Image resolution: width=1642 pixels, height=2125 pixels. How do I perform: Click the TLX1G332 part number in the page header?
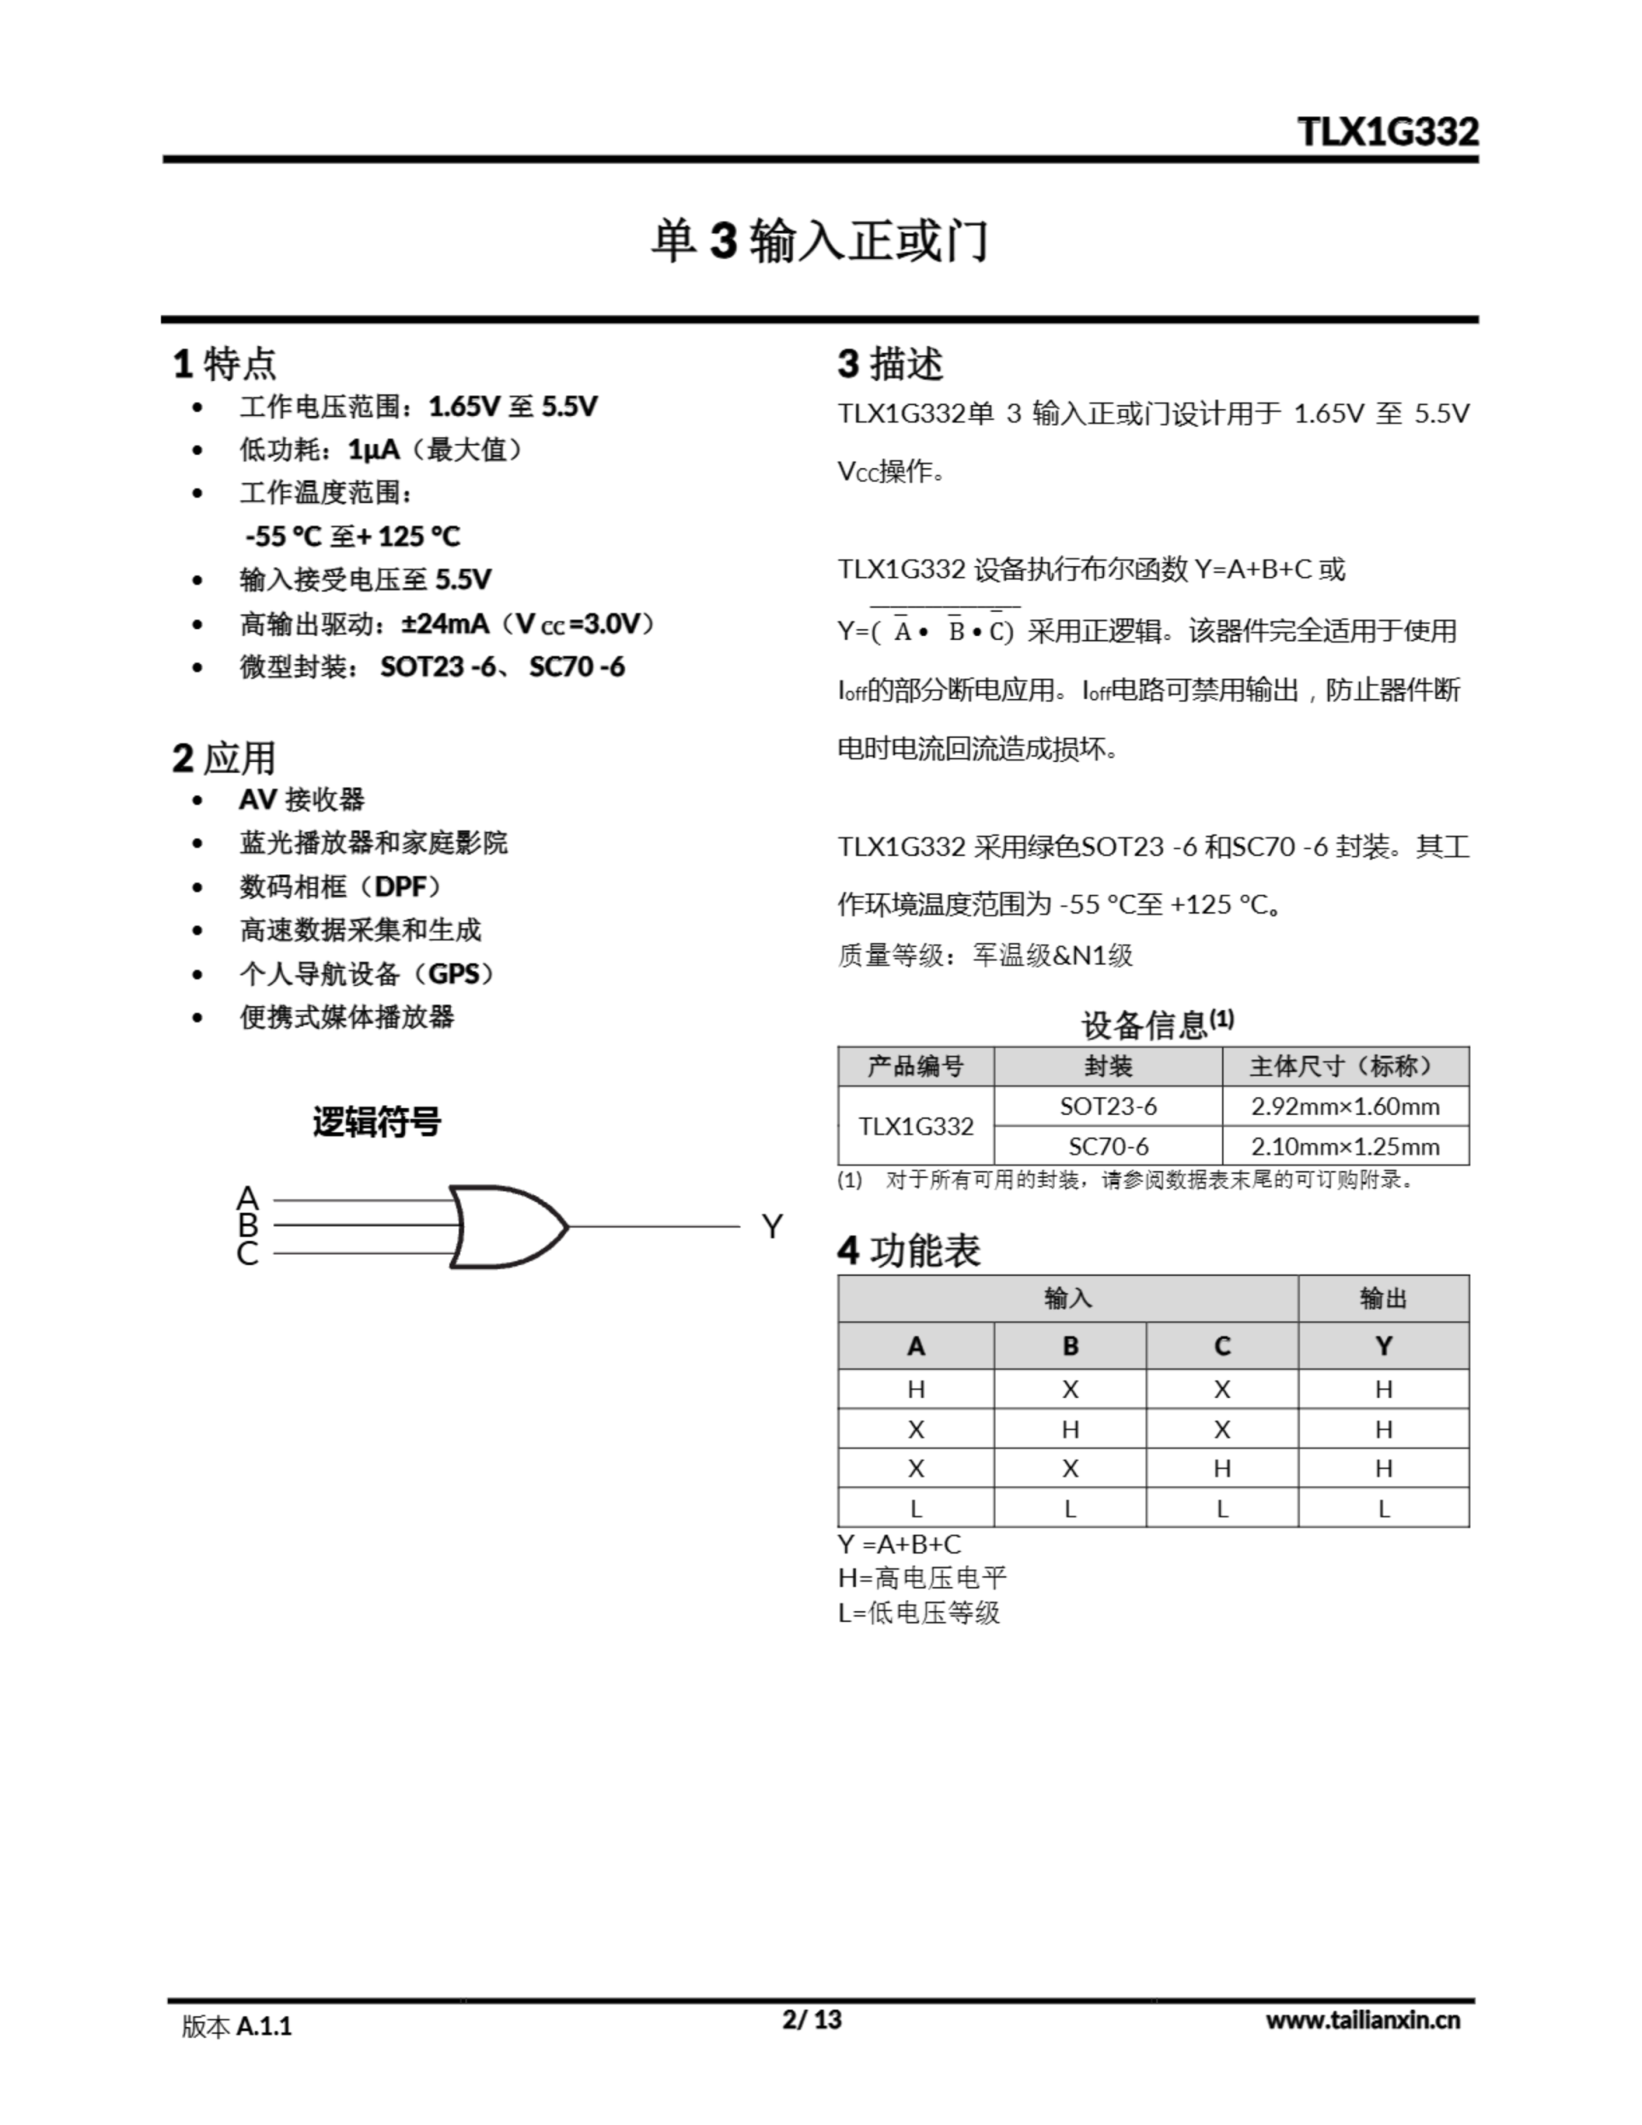[x=1387, y=132]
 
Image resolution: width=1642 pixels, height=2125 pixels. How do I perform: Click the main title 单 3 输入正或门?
[x=819, y=242]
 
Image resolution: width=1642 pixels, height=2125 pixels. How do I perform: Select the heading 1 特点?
[x=225, y=364]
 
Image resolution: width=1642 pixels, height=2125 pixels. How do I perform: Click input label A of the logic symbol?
[x=247, y=1198]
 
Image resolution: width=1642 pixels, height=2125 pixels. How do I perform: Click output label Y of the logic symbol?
[x=772, y=1227]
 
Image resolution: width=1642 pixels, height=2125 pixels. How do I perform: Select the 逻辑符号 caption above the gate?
[x=377, y=1122]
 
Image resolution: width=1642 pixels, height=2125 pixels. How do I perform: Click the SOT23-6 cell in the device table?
[x=1107, y=1106]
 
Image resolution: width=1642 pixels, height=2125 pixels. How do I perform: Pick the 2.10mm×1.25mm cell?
[x=1345, y=1146]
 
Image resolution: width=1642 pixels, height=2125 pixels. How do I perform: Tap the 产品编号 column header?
[x=915, y=1067]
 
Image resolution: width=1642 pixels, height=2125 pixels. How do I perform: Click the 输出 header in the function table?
[x=1383, y=1298]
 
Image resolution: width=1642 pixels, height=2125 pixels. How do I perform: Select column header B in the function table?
[x=1070, y=1346]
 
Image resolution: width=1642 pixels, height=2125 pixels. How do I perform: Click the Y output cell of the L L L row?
[x=1383, y=1508]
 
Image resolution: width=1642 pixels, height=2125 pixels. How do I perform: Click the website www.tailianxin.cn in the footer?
[x=1362, y=2020]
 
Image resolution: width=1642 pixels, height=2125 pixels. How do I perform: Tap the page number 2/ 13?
[x=812, y=2019]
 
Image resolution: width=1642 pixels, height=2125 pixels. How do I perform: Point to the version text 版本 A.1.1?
[x=237, y=2025]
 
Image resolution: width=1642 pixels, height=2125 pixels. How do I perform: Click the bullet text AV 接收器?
[x=301, y=800]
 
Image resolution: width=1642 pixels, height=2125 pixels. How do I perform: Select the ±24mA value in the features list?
[x=445, y=623]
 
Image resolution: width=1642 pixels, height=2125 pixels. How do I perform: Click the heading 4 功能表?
[x=909, y=1250]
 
